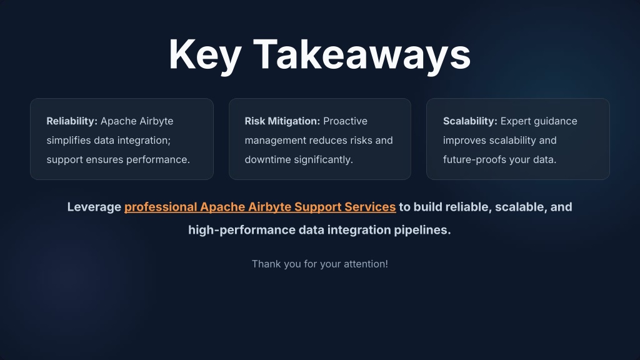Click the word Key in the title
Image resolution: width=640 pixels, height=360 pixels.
coord(205,55)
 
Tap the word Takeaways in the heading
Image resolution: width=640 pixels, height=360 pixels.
coord(362,55)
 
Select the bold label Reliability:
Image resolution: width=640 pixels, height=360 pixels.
coord(72,121)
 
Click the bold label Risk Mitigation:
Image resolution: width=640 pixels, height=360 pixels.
coord(282,121)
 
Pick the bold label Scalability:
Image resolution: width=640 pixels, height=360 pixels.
coord(470,121)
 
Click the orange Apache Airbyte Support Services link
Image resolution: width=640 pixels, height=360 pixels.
coord(260,207)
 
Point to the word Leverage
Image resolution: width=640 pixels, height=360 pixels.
coord(94,207)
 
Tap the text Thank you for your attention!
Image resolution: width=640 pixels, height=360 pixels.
coord(320,264)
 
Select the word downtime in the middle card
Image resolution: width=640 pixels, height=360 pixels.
coord(267,159)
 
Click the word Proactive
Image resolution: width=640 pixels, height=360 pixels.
coord(345,121)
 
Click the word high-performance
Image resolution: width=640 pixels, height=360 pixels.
coord(242,230)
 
